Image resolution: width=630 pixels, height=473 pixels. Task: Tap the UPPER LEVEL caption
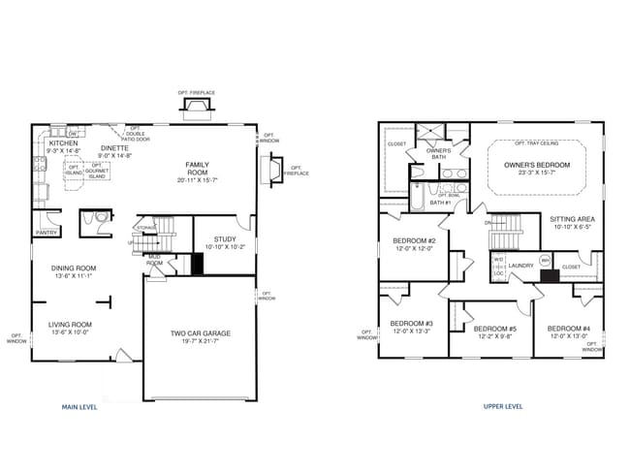[503, 406]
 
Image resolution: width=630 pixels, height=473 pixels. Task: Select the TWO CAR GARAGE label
[201, 333]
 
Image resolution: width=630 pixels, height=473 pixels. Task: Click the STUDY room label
[224, 238]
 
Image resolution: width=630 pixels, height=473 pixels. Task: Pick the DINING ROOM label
[74, 268]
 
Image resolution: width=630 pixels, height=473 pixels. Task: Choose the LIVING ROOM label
[71, 325]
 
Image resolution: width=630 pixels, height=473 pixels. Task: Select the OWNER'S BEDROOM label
[537, 166]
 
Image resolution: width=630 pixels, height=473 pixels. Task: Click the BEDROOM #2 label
[414, 240]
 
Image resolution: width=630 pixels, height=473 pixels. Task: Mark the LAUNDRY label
[522, 265]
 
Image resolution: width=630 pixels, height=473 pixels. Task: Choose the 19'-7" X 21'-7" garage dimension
[201, 342]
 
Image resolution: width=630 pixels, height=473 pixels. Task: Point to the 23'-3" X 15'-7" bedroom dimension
[537, 174]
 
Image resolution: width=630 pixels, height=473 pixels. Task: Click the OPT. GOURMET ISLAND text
[98, 171]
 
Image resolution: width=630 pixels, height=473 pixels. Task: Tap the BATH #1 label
[442, 203]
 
